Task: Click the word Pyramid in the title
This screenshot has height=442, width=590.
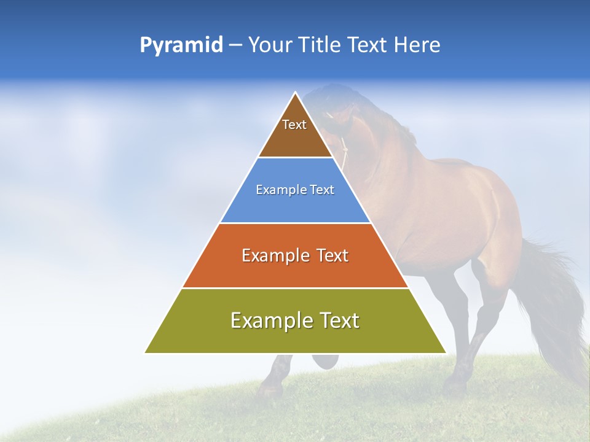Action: click(181, 45)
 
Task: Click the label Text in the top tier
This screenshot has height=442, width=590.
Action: click(294, 125)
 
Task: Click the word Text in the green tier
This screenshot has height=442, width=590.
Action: click(338, 320)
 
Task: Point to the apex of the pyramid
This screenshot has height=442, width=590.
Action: click(295, 93)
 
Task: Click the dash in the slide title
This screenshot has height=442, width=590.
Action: click(235, 45)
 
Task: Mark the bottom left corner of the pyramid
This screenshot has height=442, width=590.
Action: click(146, 352)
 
